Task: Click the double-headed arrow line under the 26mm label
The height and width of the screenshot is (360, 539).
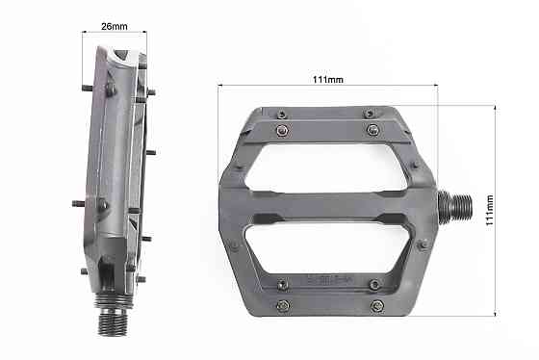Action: pos(116,39)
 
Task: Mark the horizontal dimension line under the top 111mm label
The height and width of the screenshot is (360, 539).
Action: pos(328,87)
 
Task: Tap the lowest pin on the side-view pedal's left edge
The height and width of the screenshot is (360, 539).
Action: pos(84,270)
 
